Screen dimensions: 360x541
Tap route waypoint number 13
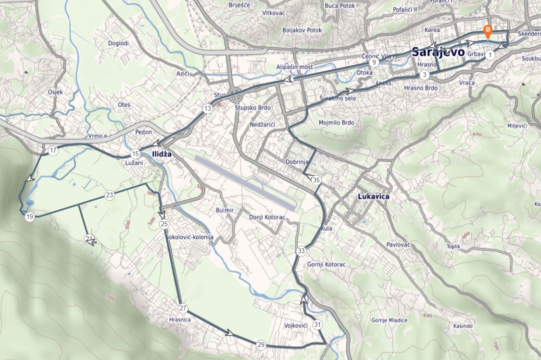point(207,109)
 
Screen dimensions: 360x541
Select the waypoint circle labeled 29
point(261,345)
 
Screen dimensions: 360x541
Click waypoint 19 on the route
point(30,217)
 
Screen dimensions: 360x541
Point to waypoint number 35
point(316,180)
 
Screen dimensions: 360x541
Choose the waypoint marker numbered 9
point(373,62)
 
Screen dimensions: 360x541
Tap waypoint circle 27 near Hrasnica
point(183,309)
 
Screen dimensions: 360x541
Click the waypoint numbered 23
point(110,195)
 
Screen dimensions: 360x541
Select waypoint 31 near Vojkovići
point(317,324)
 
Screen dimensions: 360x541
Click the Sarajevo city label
point(438,52)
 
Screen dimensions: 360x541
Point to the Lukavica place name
point(374,197)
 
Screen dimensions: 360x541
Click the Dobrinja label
point(296,162)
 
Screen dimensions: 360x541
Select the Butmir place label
point(225,210)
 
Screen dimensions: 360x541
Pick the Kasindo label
point(463,326)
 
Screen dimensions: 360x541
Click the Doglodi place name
point(118,43)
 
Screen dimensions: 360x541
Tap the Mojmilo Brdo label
point(336,123)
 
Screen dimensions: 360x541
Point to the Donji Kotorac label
point(267,218)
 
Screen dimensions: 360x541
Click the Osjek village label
point(55,92)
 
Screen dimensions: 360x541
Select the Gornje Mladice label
point(389,320)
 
